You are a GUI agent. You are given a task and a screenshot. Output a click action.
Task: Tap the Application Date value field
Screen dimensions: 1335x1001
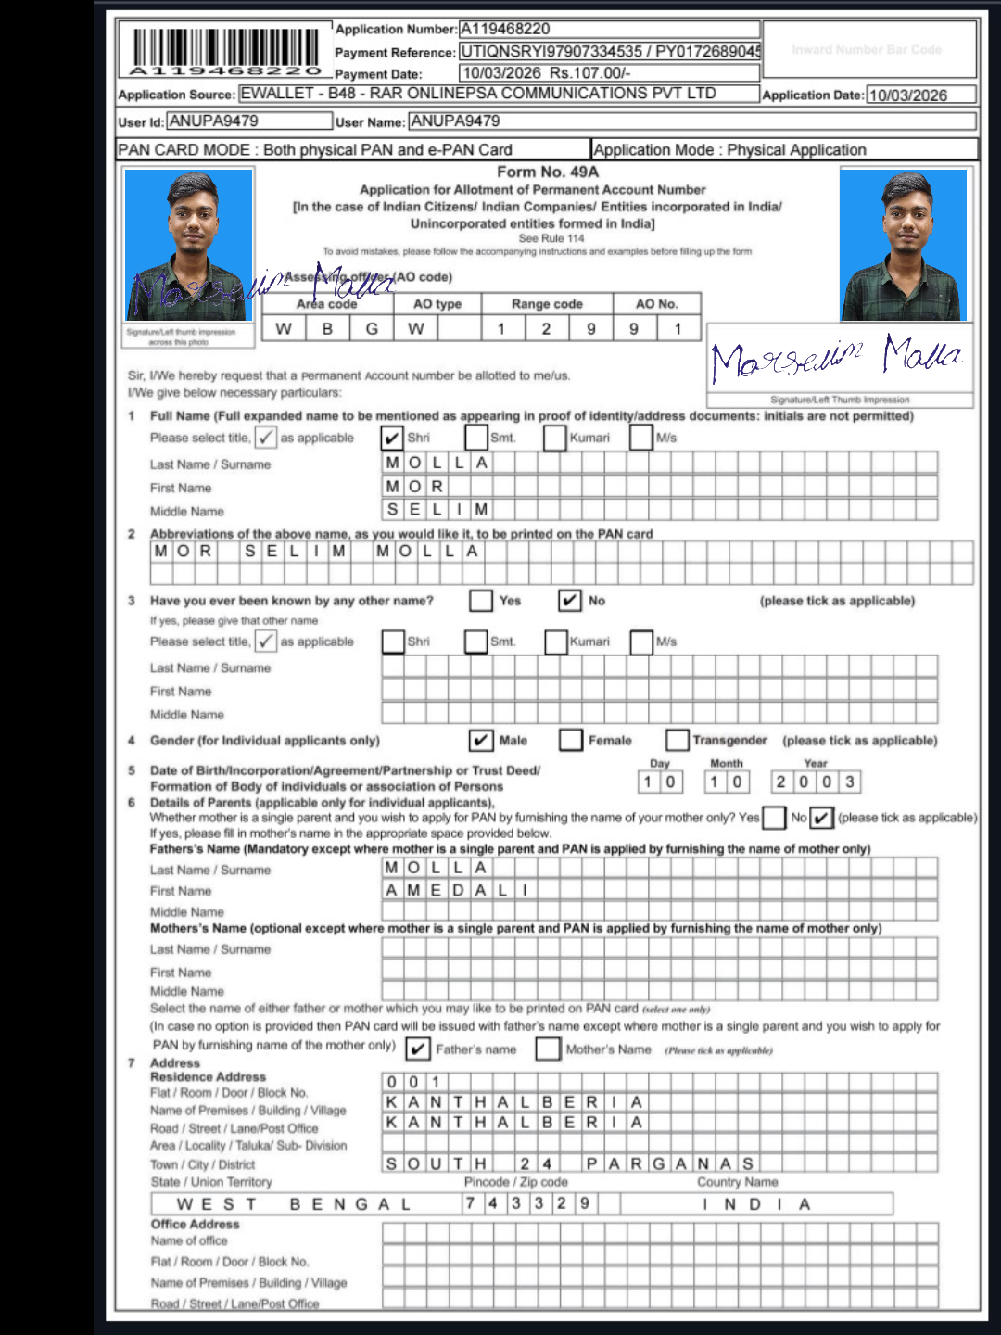pyautogui.click(x=920, y=95)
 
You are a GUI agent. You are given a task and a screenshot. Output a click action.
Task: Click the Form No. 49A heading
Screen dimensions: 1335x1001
pyautogui.click(x=548, y=172)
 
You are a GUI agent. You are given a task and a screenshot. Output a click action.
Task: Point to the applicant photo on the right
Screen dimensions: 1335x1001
pyautogui.click(x=903, y=245)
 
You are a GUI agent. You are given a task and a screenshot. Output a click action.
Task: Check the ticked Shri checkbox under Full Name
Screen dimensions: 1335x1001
pyautogui.click(x=392, y=438)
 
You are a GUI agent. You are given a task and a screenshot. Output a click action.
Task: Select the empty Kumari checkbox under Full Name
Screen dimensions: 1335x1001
pyautogui.click(x=555, y=438)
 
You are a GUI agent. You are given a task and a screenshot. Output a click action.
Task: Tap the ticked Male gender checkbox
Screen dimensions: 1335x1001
pyautogui.click(x=480, y=740)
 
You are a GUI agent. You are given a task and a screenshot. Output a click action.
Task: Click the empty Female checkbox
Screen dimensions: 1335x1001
pyautogui.click(x=571, y=740)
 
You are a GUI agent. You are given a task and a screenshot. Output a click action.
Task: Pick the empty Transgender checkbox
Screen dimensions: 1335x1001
pyautogui.click(x=678, y=740)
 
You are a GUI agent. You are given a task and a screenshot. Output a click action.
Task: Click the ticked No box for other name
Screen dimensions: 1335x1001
pyautogui.click(x=570, y=601)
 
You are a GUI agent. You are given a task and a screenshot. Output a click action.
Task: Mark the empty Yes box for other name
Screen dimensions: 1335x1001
pyautogui.click(x=480, y=601)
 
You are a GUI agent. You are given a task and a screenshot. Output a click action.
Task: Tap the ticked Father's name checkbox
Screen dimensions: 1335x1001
pyautogui.click(x=418, y=1049)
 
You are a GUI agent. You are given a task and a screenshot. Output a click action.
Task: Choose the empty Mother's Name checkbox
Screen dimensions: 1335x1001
pyautogui.click(x=549, y=1049)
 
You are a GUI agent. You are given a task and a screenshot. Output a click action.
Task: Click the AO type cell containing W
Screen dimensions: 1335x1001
pyautogui.click(x=416, y=328)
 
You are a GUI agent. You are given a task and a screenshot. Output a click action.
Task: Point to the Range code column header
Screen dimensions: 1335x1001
pyautogui.click(x=547, y=304)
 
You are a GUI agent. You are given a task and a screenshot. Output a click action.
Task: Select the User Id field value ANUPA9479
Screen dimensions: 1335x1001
pyautogui.click(x=214, y=121)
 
